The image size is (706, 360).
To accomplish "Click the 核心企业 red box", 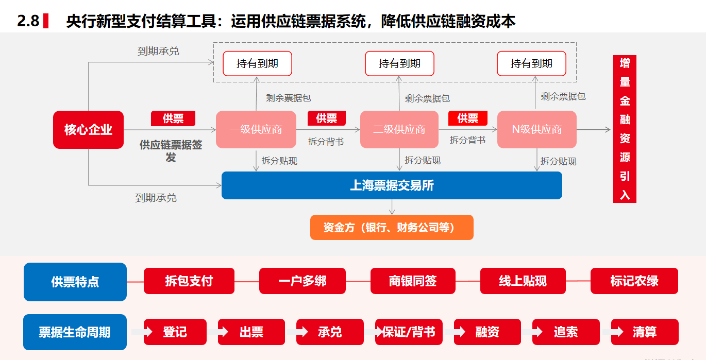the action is pyautogui.click(x=88, y=129).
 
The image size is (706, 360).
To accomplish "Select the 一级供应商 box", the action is pyautogui.click(x=256, y=129).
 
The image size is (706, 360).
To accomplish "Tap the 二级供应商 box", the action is pyautogui.click(x=399, y=129).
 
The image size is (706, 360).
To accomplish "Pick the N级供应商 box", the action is pyautogui.click(x=537, y=129).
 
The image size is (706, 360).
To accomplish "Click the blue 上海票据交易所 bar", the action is pyautogui.click(x=392, y=185).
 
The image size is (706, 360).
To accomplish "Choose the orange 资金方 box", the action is pyautogui.click(x=392, y=228).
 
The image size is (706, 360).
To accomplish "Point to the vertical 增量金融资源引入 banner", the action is pyautogui.click(x=625, y=129).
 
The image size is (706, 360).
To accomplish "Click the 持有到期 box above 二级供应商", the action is pyautogui.click(x=400, y=64).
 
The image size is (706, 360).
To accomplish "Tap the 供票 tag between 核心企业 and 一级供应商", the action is pyautogui.click(x=173, y=118).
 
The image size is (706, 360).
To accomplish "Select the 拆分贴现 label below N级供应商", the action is pyautogui.click(x=558, y=161).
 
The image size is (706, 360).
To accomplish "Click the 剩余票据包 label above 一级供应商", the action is pyautogui.click(x=289, y=98).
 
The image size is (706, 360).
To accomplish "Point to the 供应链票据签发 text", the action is pyautogui.click(x=171, y=151).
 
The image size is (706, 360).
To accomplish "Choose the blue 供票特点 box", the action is pyautogui.click(x=75, y=282).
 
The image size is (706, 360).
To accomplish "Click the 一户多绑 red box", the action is pyautogui.click(x=302, y=281).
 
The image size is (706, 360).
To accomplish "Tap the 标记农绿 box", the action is pyautogui.click(x=634, y=281).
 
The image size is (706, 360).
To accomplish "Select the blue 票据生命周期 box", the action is pyautogui.click(x=75, y=332).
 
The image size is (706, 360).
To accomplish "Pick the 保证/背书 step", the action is pyautogui.click(x=409, y=332).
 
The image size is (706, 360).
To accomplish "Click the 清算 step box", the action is pyautogui.click(x=645, y=332).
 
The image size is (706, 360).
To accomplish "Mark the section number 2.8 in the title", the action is pyautogui.click(x=28, y=21).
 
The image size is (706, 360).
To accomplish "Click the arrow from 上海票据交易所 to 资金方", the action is pyautogui.click(x=392, y=207).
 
